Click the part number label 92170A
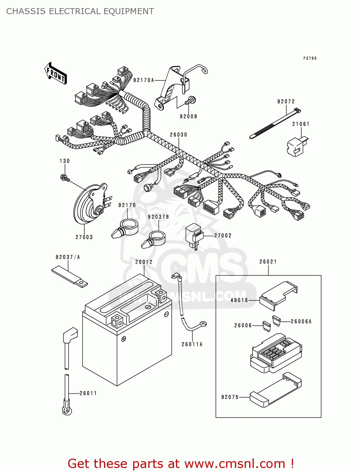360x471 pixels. coord(144,80)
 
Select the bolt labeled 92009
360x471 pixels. coord(190,101)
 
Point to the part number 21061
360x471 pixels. coord(301,124)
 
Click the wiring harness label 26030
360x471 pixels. coord(178,135)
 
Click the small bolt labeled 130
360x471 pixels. coord(64,178)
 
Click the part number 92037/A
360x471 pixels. coord(68,257)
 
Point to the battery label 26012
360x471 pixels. coord(144,262)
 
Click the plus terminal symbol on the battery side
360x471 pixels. coord(124,339)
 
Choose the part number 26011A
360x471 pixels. coord(192,344)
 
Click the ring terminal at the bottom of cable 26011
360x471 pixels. coord(67,411)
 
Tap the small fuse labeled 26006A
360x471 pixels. coord(276,320)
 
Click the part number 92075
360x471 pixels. coord(230,397)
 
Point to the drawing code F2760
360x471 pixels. coord(310,58)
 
